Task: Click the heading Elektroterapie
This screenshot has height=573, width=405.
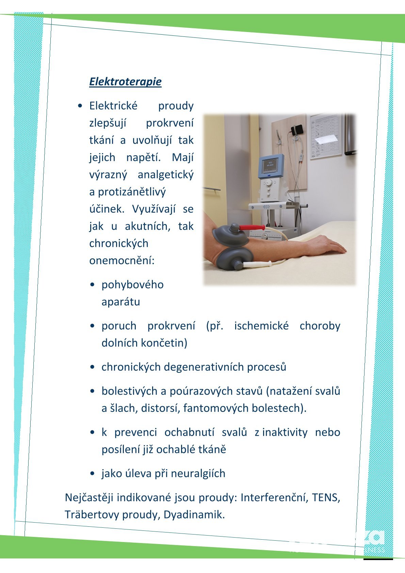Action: pyautogui.click(x=125, y=82)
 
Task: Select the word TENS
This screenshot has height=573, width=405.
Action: pyautogui.click(x=326, y=497)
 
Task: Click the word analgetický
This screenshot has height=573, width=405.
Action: pyautogui.click(x=165, y=175)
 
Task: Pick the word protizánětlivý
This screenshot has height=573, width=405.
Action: pyautogui.click(x=132, y=192)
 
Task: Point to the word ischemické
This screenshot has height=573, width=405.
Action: pyautogui.click(x=261, y=326)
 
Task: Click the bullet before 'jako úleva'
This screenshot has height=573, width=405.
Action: pyautogui.click(x=92, y=474)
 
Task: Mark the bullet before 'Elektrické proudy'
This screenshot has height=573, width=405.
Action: pyautogui.click(x=80, y=106)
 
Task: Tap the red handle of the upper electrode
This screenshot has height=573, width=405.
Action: pyautogui.click(x=252, y=227)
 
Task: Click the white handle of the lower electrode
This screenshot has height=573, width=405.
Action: pyautogui.click(x=257, y=264)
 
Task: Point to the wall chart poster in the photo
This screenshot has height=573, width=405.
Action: pyautogui.click(x=326, y=136)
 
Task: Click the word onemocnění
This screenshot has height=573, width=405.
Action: pyautogui.click(x=122, y=260)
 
